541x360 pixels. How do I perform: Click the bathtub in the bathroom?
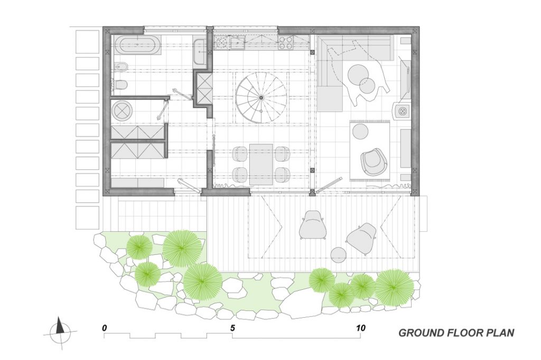coord(137,45)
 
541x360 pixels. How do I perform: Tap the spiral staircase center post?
coord(261,98)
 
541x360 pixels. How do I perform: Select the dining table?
coord(261,164)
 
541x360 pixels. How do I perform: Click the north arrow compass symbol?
coord(60,330)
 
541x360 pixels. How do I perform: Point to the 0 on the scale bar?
coord(105,328)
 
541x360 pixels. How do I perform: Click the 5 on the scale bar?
coord(232,328)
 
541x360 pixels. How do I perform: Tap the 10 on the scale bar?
coord(360,328)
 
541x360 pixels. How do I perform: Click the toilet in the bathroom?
coord(120,84)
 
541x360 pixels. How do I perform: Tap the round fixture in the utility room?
coord(122,110)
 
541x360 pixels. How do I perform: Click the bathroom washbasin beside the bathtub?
coord(199,52)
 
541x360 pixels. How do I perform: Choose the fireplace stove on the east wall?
coord(402,111)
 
